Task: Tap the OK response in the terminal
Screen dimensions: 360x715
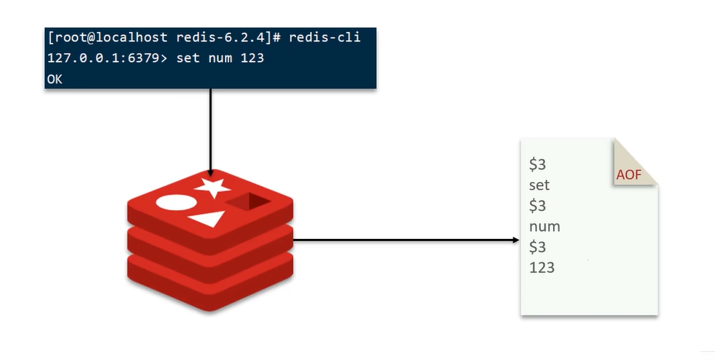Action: tap(55, 79)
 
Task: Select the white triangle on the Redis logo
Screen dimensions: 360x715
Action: tap(208, 218)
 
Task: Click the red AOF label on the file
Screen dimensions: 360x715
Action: tap(629, 175)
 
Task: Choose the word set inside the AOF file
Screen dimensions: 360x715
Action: tap(539, 185)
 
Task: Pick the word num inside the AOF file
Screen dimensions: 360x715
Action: tap(544, 226)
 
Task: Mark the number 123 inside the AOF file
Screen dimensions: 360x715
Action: tap(542, 268)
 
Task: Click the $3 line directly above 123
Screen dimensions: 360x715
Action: tap(537, 247)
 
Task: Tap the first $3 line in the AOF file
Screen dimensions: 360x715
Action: tap(537, 165)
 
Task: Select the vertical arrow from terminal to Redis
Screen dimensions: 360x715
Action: tap(210, 130)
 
